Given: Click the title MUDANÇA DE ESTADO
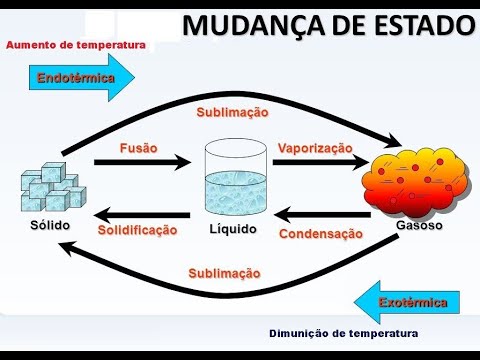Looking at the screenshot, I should pyautogui.click(x=327, y=25).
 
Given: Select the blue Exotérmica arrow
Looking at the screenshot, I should pyautogui.click(x=405, y=301).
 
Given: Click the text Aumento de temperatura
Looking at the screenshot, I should pyautogui.click(x=76, y=45).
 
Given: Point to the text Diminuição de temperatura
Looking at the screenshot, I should pyautogui.click(x=343, y=333).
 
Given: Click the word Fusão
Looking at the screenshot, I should pyautogui.click(x=139, y=147).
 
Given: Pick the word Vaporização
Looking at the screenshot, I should pyautogui.click(x=315, y=147).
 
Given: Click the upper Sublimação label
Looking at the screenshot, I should pyautogui.click(x=232, y=113).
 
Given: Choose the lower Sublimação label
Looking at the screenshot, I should pyautogui.click(x=224, y=273).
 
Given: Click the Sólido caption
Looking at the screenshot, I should pyautogui.click(x=50, y=226).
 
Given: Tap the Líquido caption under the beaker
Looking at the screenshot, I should pyautogui.click(x=233, y=229).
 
